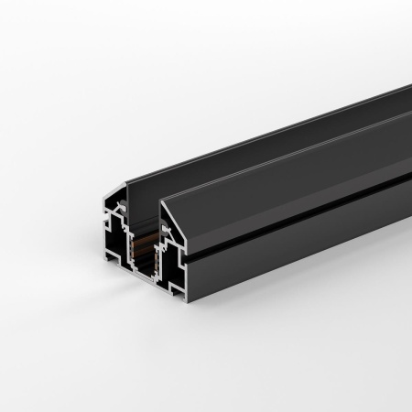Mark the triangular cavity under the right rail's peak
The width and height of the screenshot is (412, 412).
(170, 220)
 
